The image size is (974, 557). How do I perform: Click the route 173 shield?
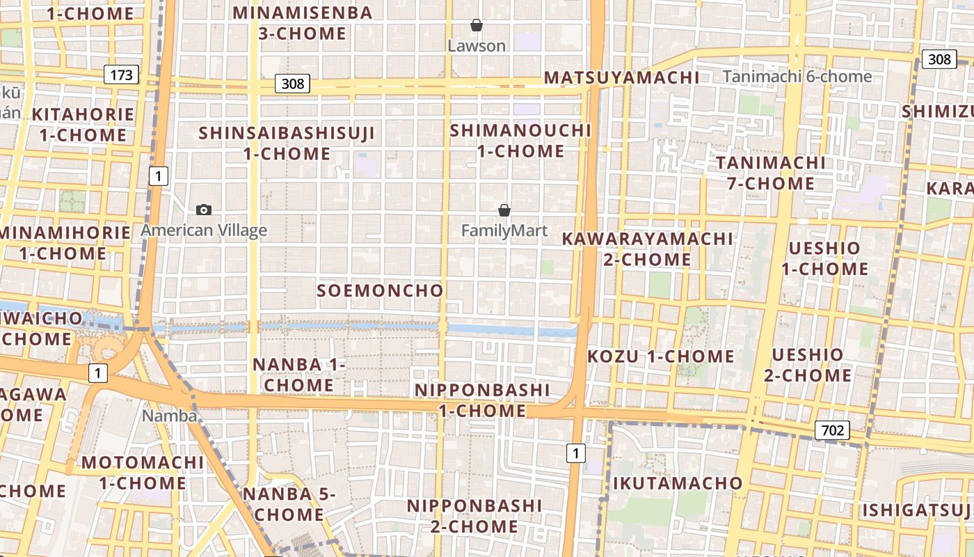121,74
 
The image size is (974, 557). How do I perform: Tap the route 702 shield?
832,430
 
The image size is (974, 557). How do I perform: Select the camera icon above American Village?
204,210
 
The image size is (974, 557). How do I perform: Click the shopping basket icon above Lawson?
477,26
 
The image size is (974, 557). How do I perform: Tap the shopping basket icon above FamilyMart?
504,210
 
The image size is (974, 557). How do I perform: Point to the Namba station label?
169,416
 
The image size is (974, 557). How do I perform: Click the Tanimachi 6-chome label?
797,77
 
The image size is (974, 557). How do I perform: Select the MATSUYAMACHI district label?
621,77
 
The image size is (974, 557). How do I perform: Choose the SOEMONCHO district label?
380,290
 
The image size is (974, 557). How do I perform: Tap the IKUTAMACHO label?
678,483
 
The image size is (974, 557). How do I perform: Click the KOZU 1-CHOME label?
661,356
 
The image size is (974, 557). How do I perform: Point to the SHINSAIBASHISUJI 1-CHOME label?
287,143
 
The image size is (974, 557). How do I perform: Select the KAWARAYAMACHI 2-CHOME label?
647,249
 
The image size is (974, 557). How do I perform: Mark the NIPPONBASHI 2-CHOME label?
474,515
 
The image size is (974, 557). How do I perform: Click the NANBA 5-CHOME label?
289,504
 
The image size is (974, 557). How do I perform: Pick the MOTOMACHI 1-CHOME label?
142,473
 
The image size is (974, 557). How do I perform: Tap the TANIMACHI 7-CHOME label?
770,173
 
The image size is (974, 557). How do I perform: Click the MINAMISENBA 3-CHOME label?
302,23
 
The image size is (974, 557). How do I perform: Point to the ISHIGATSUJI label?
918,510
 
